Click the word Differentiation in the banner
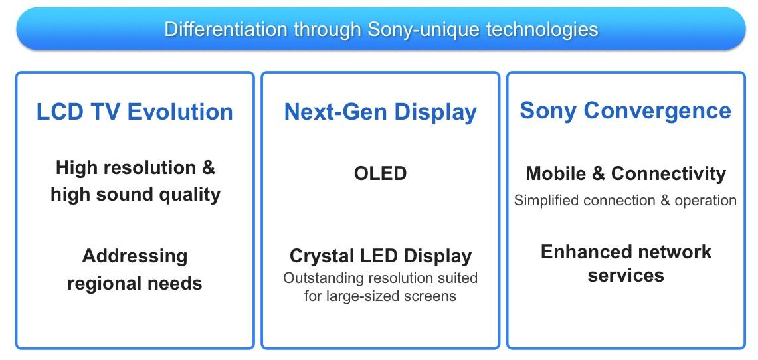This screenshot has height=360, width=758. coord(227,29)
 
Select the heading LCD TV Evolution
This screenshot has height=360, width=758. coord(135,112)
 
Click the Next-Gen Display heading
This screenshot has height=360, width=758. coord(381,112)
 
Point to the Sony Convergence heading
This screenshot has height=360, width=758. coord(626,111)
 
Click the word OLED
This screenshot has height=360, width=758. coord(381,173)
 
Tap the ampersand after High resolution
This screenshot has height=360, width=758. coord(207,167)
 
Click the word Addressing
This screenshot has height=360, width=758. coord(135,256)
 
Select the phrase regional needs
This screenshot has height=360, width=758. coord(135,283)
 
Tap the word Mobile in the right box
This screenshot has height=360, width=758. coord(557,173)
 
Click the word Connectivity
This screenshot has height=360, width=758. coord(668,174)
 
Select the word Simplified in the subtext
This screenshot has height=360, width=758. coord(546,200)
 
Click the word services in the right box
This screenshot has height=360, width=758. coord(626,276)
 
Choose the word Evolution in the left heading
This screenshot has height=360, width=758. coord(180,112)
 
